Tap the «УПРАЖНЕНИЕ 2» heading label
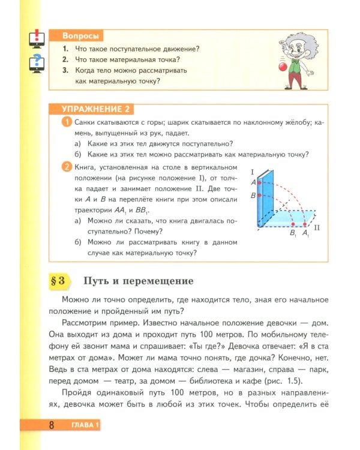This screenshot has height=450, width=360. point(95,109)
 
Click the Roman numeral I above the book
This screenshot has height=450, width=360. point(253,172)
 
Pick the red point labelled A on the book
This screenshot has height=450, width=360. point(260,181)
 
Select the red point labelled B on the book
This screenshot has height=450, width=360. point(260,195)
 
